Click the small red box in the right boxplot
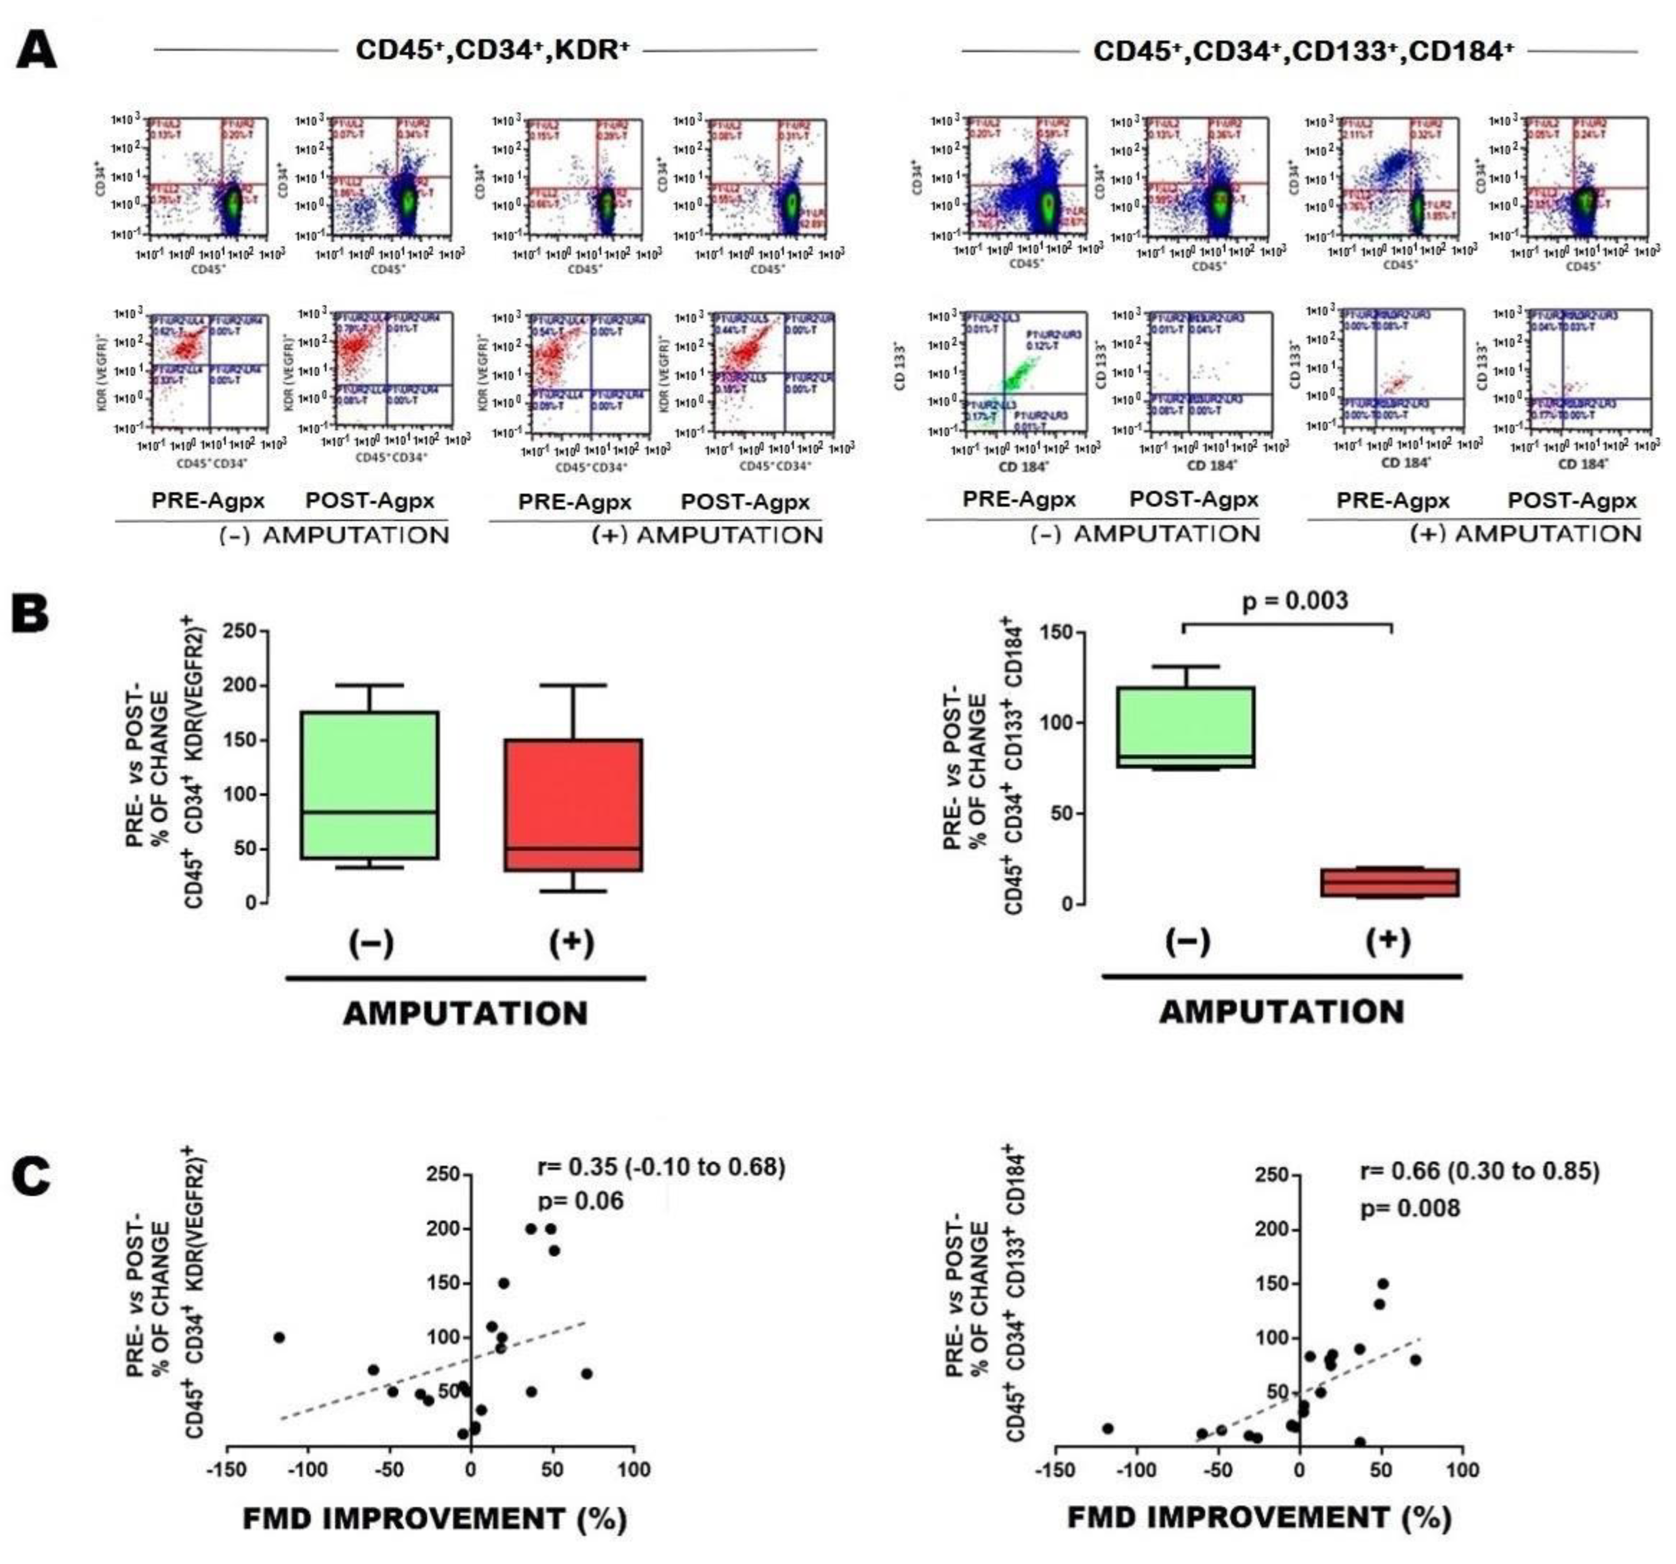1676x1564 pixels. [1389, 882]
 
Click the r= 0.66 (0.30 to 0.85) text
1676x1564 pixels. [1480, 1171]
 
